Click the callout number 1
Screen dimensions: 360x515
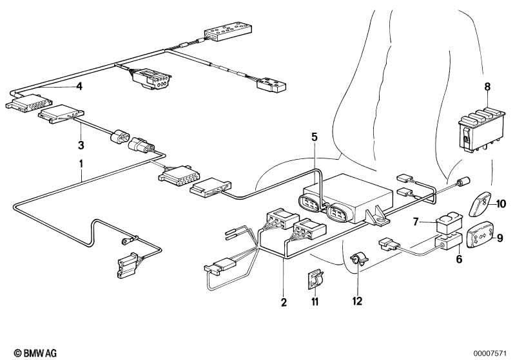(81, 163)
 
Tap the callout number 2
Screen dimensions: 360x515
(283, 302)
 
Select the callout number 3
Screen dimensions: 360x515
(81, 145)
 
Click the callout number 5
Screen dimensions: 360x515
(314, 137)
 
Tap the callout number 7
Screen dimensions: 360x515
(417, 222)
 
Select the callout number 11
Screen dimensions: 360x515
(314, 301)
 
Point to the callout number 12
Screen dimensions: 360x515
(358, 301)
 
